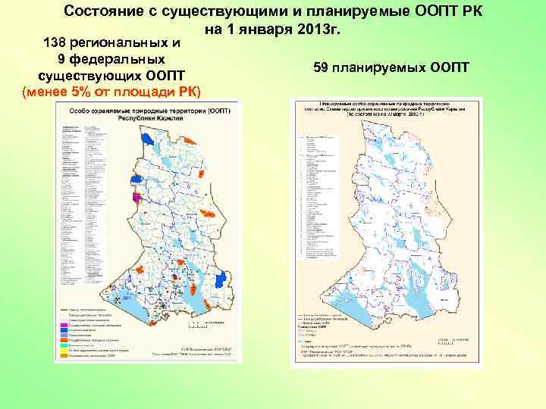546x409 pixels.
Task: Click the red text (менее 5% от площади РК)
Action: (x=112, y=92)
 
